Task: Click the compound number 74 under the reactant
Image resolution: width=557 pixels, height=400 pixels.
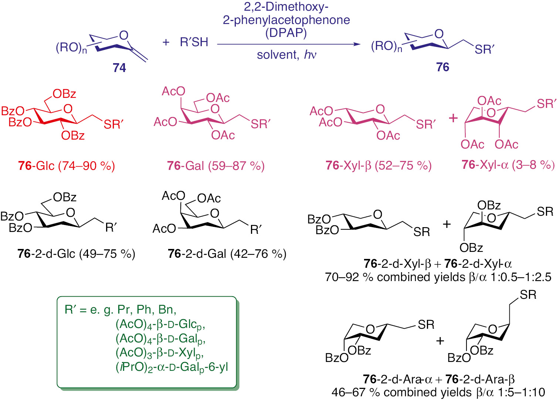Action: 119,68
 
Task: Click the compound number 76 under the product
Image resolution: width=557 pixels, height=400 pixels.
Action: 442,67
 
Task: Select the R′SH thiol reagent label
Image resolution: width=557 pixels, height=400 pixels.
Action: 194,42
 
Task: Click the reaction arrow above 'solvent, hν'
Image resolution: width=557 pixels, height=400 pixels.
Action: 288,44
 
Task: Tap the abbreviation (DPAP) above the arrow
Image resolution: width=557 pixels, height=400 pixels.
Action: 286,33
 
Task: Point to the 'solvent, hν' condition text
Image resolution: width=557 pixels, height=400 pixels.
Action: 286,55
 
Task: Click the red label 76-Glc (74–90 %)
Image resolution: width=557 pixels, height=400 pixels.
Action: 67,166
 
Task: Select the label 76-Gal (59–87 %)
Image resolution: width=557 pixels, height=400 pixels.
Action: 216,166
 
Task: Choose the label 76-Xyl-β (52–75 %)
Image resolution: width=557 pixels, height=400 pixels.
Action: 378,165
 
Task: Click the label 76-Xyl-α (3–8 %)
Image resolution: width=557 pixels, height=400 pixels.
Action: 508,165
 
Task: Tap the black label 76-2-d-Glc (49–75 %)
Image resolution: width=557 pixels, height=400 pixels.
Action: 76,254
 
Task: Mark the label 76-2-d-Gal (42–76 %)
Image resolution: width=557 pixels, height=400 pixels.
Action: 227,254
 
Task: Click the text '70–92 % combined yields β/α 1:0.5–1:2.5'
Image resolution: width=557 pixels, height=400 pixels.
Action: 438,277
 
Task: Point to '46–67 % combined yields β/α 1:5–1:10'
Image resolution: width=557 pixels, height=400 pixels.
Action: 438,392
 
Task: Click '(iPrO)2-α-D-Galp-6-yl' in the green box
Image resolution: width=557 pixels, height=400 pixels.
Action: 172,367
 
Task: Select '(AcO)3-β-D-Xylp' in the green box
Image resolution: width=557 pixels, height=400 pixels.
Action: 160,353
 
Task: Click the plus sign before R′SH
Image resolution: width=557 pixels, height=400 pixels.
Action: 166,42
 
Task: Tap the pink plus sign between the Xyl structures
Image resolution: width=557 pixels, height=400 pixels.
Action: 453,118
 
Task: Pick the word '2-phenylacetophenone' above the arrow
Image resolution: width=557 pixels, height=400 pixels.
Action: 286,20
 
